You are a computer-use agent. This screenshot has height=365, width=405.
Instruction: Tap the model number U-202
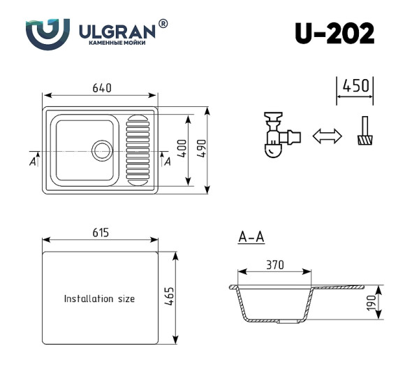click(x=334, y=33)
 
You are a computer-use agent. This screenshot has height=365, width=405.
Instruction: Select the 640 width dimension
click(x=102, y=88)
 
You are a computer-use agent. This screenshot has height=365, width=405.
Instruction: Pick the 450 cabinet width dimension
click(x=355, y=86)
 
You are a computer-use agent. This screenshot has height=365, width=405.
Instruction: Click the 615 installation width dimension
click(x=99, y=233)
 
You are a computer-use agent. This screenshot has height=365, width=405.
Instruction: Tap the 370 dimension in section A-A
click(x=274, y=265)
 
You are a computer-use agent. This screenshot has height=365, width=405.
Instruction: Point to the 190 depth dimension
click(x=371, y=302)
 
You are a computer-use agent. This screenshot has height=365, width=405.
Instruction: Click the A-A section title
click(x=251, y=238)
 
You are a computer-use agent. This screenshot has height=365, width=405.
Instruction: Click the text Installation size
click(x=99, y=299)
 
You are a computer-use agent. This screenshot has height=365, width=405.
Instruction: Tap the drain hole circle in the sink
click(x=102, y=150)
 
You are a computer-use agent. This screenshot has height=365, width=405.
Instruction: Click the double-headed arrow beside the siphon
click(x=327, y=136)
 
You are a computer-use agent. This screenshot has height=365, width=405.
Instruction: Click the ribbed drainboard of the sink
click(x=138, y=150)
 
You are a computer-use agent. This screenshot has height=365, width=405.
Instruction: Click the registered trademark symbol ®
click(x=163, y=24)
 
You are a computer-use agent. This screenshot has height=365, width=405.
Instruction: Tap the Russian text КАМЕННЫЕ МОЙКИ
click(x=117, y=43)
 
